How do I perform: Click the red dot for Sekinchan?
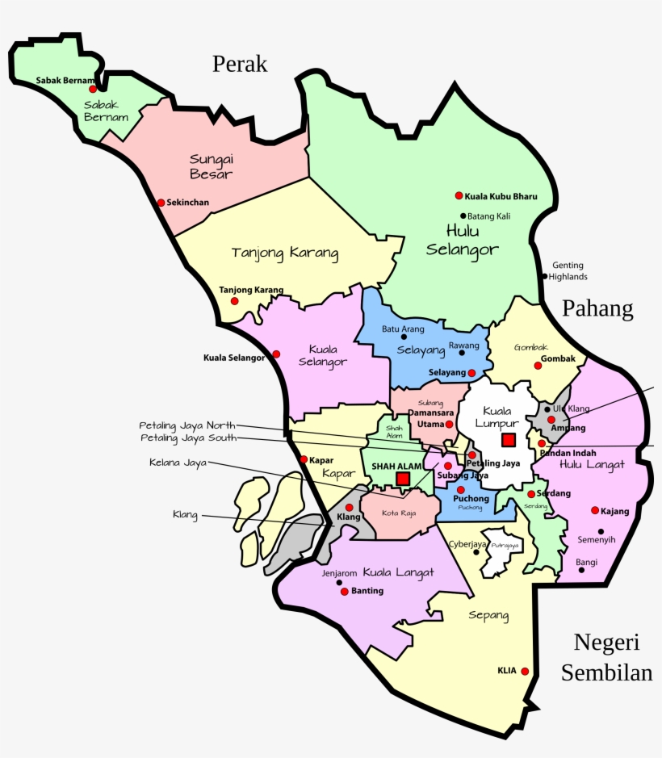click(x=161, y=203)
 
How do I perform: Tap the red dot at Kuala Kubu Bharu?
click(x=459, y=195)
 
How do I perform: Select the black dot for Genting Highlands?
click(x=545, y=276)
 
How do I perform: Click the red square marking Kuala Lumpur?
click(x=508, y=440)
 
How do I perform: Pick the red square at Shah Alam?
click(x=403, y=479)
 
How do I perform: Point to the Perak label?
click(x=240, y=65)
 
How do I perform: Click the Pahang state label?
click(x=597, y=308)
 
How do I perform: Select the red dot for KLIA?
click(x=525, y=671)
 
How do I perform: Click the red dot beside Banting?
click(x=345, y=592)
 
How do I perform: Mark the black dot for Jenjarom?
click(x=340, y=582)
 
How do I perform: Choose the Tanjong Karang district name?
click(x=285, y=253)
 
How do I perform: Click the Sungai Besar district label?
click(x=212, y=166)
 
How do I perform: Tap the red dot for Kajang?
click(x=595, y=510)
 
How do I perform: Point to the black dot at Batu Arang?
click(x=404, y=337)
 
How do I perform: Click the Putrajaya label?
click(x=504, y=547)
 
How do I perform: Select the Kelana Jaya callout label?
click(x=178, y=463)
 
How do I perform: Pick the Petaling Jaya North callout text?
click(x=187, y=425)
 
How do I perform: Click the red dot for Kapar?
click(x=304, y=460)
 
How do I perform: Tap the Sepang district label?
click(x=488, y=616)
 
